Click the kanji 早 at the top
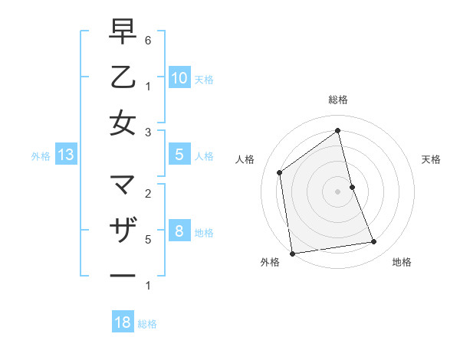(123, 33)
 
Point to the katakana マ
(123, 185)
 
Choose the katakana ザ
(123, 230)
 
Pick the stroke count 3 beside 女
(148, 133)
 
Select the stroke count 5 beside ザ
(148, 239)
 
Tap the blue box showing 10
(179, 77)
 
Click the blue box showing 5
(179, 155)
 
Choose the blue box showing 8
(179, 231)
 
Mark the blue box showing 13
(66, 155)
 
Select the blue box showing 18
(123, 322)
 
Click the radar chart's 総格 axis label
(337, 100)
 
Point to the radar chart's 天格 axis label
(431, 159)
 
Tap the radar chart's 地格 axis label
(402, 262)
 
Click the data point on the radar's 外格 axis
(291, 254)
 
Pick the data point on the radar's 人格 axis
(280, 172)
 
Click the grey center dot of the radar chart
(337, 191)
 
